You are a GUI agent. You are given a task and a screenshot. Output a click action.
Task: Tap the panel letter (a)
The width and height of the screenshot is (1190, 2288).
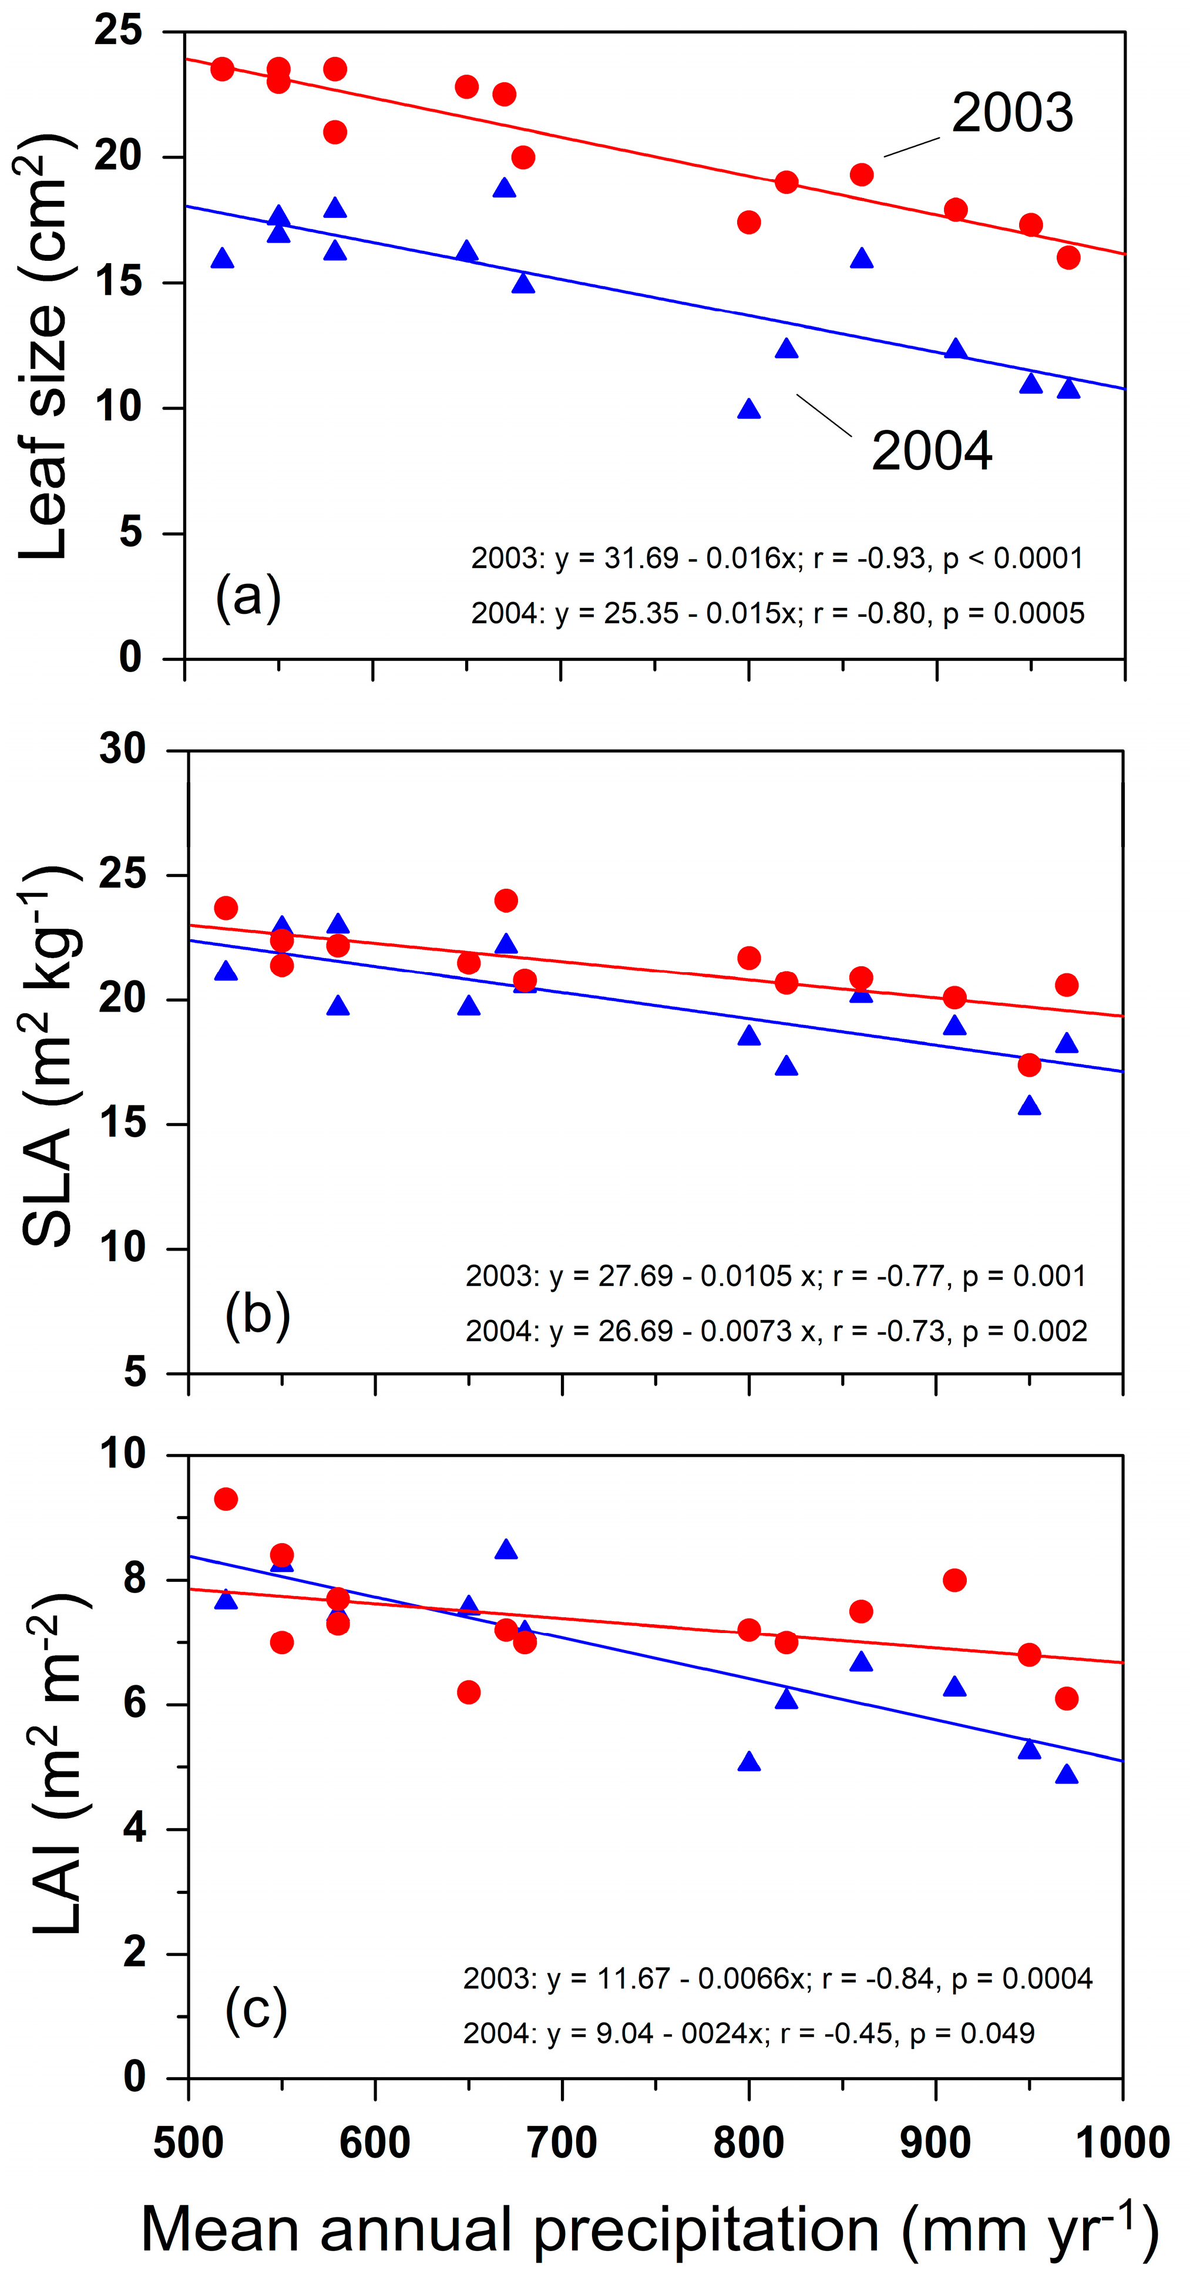point(248,597)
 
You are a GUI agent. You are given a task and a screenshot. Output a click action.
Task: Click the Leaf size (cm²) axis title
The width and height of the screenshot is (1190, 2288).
point(45,347)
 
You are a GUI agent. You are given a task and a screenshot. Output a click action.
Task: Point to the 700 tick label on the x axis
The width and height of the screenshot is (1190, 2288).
point(562,2142)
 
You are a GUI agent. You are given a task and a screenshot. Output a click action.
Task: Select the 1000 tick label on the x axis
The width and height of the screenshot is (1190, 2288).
point(1122,2142)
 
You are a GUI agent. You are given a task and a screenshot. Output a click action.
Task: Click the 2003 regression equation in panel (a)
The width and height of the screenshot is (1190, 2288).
point(777,558)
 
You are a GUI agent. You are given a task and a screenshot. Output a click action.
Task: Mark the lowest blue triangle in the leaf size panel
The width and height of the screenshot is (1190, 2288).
point(749,409)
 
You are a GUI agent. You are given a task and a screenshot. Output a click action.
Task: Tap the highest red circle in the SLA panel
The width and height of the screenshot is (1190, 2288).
point(506,901)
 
